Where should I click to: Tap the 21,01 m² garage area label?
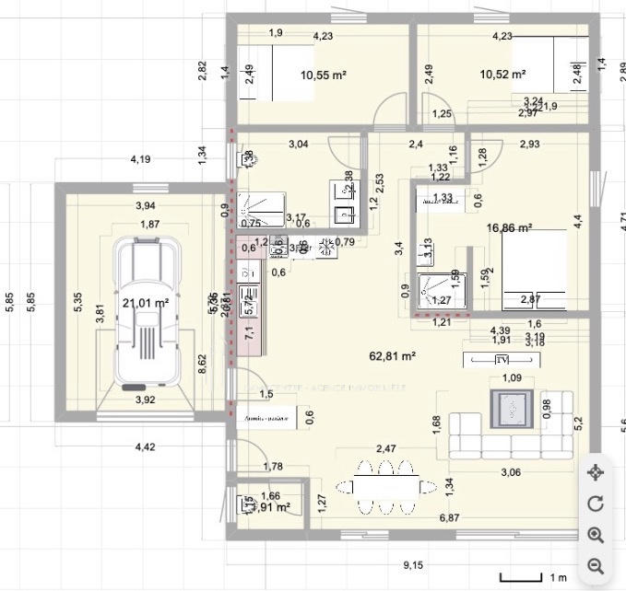pyautogui.click(x=146, y=302)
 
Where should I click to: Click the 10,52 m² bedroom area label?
pyautogui.click(x=502, y=75)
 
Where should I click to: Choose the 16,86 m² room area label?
pyautogui.click(x=510, y=226)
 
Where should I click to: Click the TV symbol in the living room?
pyautogui.click(x=502, y=360)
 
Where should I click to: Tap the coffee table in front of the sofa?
pyautogui.click(x=510, y=406)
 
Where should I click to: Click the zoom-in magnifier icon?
pyautogui.click(x=595, y=535)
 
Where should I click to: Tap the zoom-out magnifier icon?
pyautogui.click(x=595, y=565)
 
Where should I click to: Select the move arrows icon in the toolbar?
pyautogui.click(x=595, y=472)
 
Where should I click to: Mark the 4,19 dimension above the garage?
pyautogui.click(x=140, y=159)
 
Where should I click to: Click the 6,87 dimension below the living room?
pyautogui.click(x=449, y=518)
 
